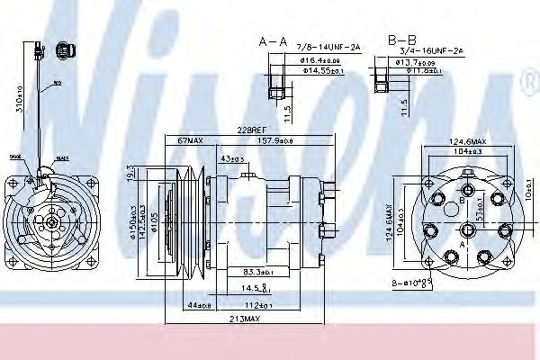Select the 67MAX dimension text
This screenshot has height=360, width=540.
click(x=190, y=140)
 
